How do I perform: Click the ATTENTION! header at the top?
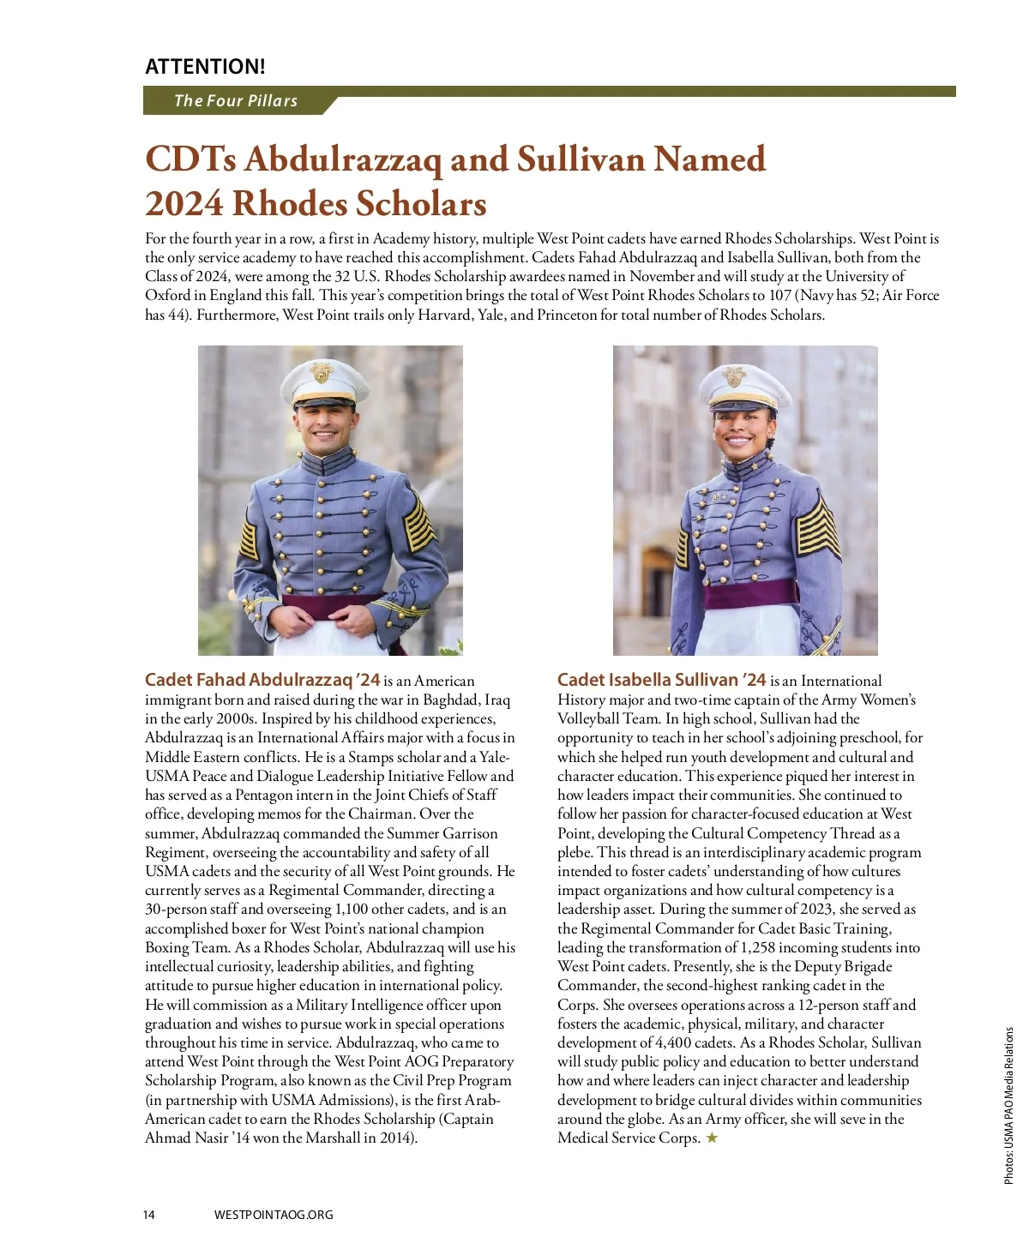pos(205,66)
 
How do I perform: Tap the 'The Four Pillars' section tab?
pos(235,100)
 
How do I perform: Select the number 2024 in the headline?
pos(184,204)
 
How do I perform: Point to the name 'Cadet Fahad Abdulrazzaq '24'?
pos(262,680)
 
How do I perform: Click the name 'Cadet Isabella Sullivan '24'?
pos(661,680)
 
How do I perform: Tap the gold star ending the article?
pos(712,1138)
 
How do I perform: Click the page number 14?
pos(149,1215)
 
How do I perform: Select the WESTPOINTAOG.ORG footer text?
pos(274,1215)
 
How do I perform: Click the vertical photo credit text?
pos(1008,1106)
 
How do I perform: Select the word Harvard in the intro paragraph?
pos(446,315)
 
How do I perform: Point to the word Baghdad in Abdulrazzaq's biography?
pos(451,700)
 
